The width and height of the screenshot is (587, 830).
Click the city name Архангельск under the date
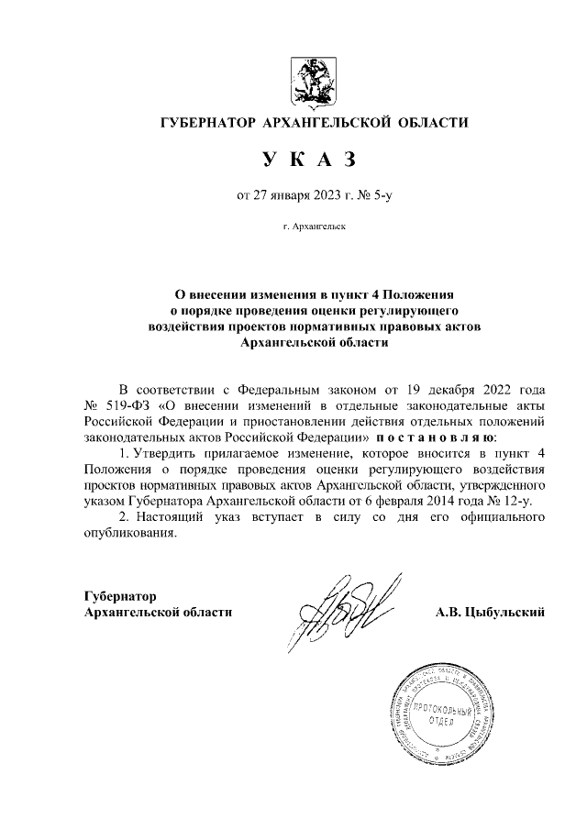click(x=314, y=224)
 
